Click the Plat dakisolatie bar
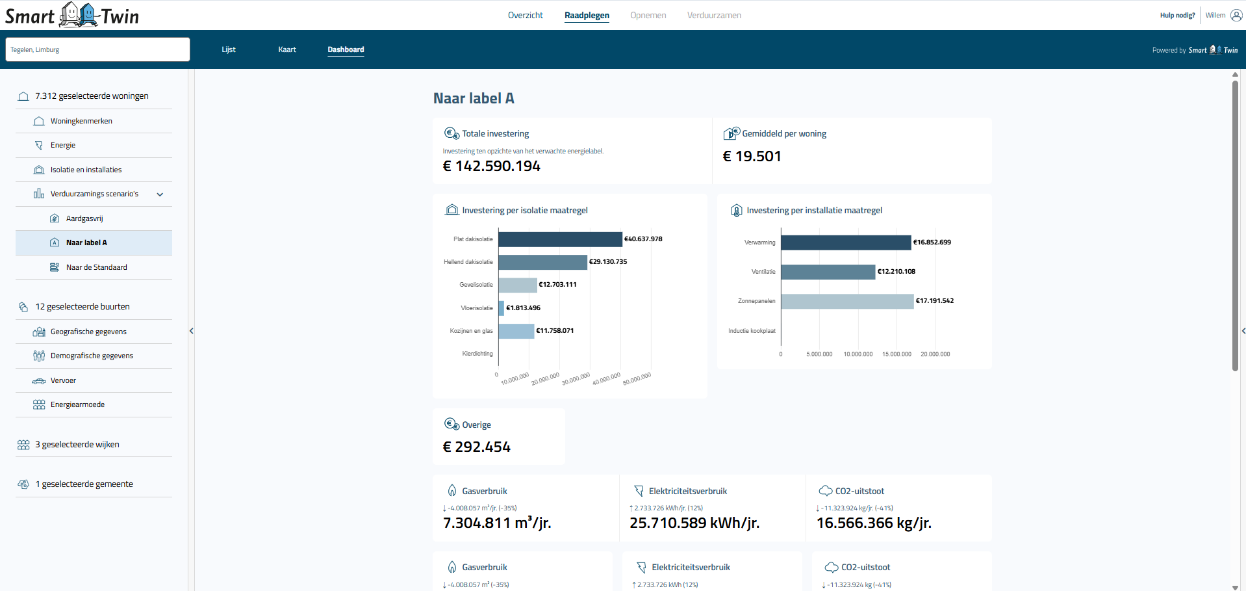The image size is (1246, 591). tap(560, 239)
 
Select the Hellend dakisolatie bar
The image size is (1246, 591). tap(542, 262)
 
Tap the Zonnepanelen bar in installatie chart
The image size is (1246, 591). tap(846, 301)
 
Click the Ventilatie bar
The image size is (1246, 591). tap(828, 272)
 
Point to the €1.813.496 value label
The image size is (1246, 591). tap(523, 308)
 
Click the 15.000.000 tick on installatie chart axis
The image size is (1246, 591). tap(896, 354)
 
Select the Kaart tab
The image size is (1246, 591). tap(286, 49)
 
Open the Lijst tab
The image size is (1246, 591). tap(228, 49)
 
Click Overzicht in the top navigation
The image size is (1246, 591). tap(525, 15)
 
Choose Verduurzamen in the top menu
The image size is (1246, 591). tap(714, 15)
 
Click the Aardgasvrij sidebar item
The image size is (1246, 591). tap(84, 218)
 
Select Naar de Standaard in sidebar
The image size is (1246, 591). tap(96, 267)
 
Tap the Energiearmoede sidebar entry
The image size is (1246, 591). tap(77, 404)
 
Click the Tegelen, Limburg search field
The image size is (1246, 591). tap(97, 49)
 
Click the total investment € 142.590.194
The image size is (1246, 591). tap(491, 166)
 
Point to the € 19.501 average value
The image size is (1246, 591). tap(752, 157)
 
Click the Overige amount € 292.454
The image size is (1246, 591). tap(476, 447)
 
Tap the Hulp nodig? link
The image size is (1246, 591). tap(1177, 15)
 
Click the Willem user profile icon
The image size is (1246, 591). tap(1236, 15)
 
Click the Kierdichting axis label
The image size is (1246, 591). tap(477, 354)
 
